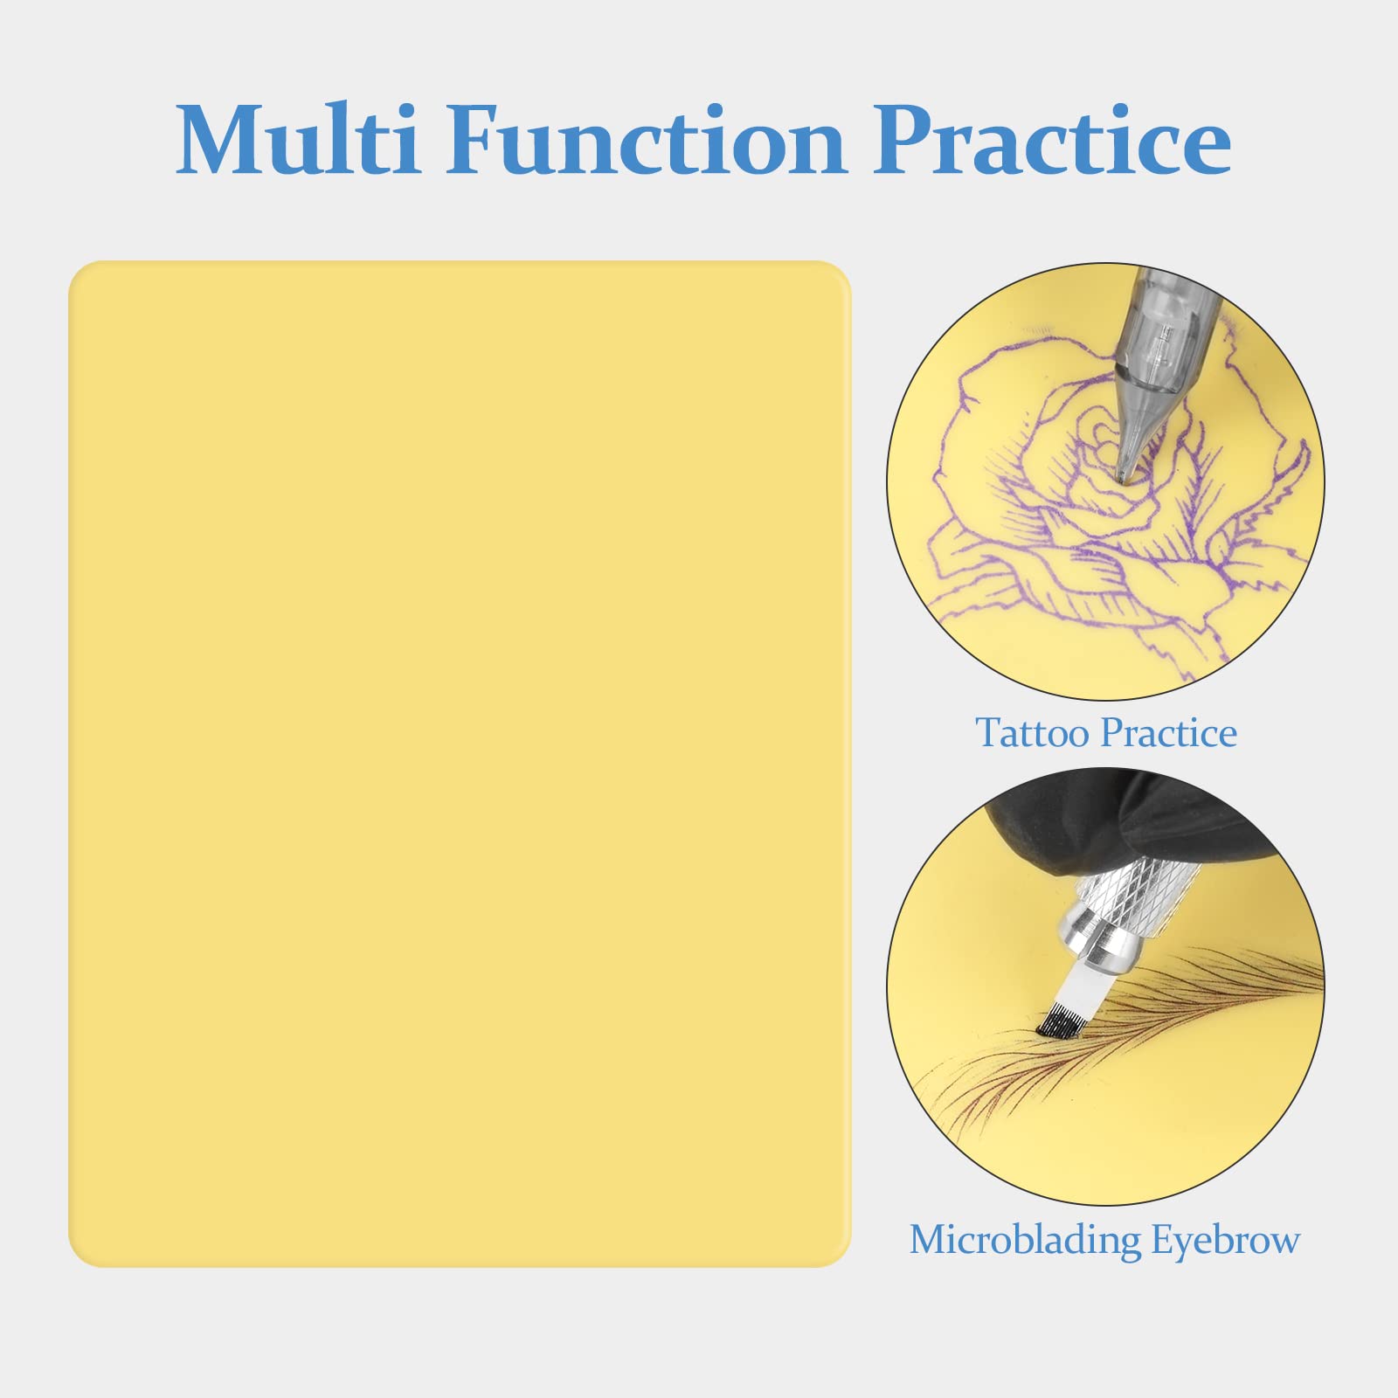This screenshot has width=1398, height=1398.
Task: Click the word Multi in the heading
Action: tap(297, 140)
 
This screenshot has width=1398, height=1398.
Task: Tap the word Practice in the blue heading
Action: tap(1053, 140)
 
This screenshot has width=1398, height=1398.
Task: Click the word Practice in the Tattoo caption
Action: tap(1169, 732)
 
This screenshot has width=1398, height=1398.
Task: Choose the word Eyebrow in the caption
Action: tap(1225, 1241)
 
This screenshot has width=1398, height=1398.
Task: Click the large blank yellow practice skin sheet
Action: tap(460, 764)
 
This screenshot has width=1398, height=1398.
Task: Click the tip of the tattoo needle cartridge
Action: tap(1122, 477)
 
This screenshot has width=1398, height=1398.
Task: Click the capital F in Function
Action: tap(477, 140)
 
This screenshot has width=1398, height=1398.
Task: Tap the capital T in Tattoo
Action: tap(989, 732)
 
